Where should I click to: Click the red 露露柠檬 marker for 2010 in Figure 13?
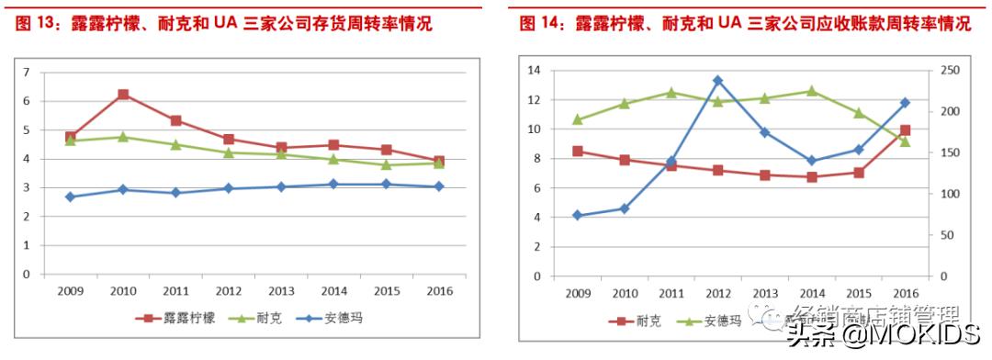123,95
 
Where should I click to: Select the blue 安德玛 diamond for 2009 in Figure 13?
71,197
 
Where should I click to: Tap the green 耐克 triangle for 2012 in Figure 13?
228,152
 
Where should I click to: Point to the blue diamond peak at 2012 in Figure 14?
717,81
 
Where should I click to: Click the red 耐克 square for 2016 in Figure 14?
905,130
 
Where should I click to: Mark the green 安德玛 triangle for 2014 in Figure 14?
811,91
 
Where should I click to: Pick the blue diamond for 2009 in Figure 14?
577,215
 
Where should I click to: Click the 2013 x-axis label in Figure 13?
280,291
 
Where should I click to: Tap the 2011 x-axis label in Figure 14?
671,293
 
